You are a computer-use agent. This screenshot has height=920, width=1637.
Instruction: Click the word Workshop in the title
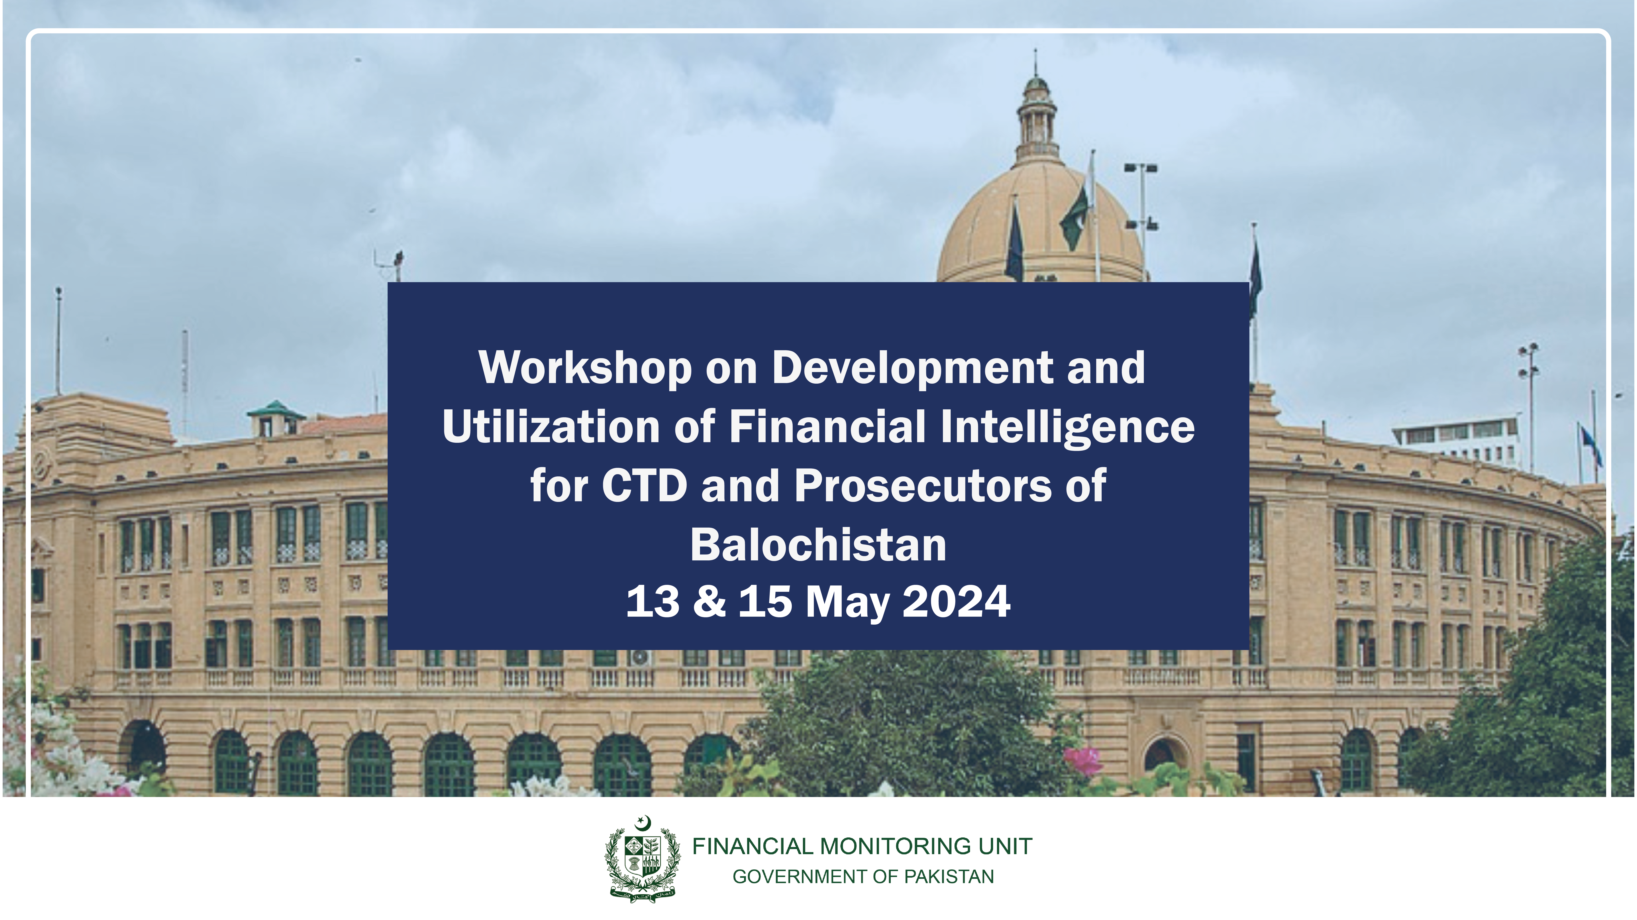(x=585, y=369)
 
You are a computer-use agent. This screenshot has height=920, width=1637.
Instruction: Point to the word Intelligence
(x=1068, y=428)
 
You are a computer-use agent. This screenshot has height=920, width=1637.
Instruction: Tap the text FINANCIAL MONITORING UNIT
(x=862, y=846)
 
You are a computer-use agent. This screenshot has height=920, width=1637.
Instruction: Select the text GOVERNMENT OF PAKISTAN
(x=863, y=877)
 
